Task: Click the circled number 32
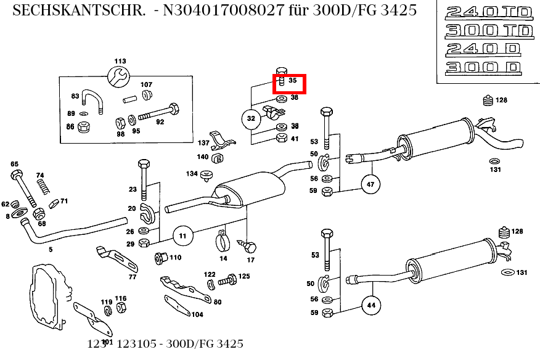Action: pos(251,118)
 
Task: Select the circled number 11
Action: pos(182,235)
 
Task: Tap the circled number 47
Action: pos(370,184)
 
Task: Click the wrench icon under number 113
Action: pos(119,76)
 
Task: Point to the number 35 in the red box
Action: pos(293,81)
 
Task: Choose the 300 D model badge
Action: pos(483,67)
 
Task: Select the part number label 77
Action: pos(132,277)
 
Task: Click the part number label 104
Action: pos(197,314)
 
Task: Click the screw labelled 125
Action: pos(229,280)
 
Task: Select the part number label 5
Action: pos(51,250)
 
